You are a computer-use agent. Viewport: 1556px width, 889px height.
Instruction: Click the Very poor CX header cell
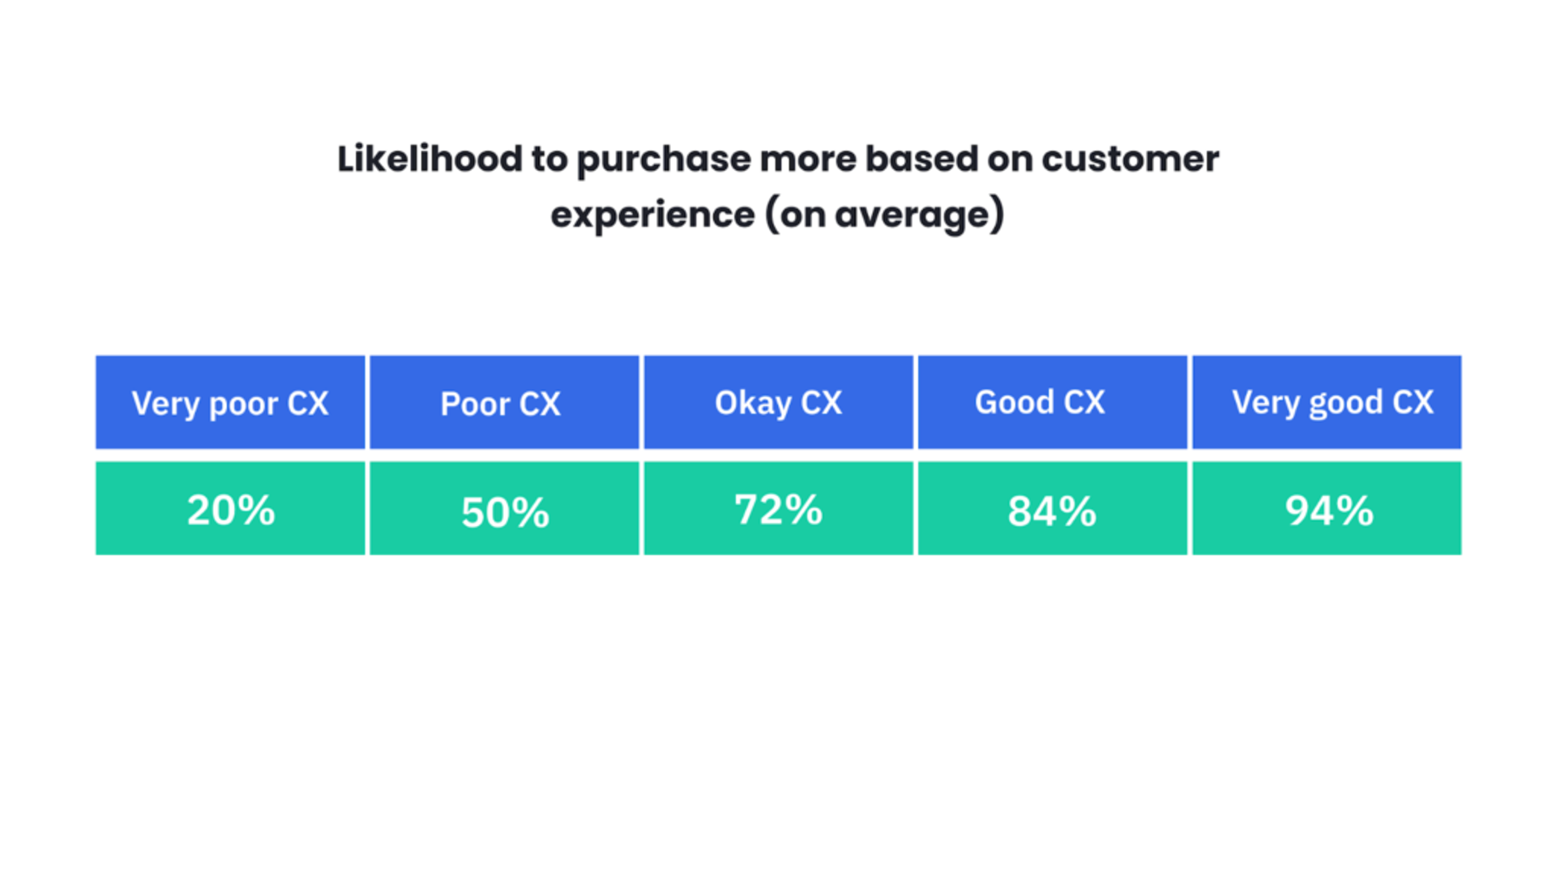point(230,402)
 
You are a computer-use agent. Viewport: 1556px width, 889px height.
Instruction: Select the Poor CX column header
point(504,402)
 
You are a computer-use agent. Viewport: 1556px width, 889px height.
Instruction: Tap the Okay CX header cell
point(778,402)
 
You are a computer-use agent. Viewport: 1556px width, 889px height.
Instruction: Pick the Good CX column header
point(1052,402)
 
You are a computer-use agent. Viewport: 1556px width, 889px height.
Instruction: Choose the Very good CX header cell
point(1327,402)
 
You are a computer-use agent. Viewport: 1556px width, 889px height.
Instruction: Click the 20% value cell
point(230,509)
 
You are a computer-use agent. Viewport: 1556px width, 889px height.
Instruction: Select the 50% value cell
point(504,509)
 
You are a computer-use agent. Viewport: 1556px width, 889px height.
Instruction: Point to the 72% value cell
point(778,509)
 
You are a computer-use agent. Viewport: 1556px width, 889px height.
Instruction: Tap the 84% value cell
point(1052,509)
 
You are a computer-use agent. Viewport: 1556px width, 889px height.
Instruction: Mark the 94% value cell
point(1327,509)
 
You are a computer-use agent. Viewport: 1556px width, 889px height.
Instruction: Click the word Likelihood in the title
point(430,159)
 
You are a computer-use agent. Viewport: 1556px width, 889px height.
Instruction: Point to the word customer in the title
point(1130,159)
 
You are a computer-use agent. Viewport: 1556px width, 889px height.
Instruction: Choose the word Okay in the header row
point(752,403)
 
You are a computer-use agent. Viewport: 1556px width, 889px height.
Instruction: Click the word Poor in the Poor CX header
point(474,404)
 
